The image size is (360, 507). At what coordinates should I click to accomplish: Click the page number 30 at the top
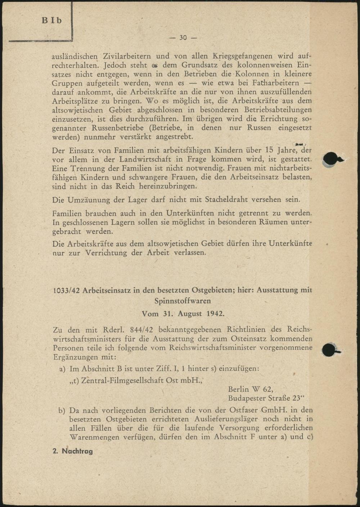click(183, 38)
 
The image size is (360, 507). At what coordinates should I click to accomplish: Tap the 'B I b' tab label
click(52, 21)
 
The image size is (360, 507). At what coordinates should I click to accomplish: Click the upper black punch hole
click(330, 159)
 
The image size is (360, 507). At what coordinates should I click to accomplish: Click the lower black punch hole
click(329, 350)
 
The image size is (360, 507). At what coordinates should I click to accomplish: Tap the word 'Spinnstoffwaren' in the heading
click(183, 301)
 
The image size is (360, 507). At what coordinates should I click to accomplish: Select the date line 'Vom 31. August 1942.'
click(183, 313)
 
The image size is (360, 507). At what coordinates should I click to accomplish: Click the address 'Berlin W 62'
click(251, 390)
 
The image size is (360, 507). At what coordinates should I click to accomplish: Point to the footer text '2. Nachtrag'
click(73, 451)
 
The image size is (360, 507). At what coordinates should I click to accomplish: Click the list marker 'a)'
click(62, 369)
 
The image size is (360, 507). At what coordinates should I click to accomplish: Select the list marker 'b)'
click(62, 410)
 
